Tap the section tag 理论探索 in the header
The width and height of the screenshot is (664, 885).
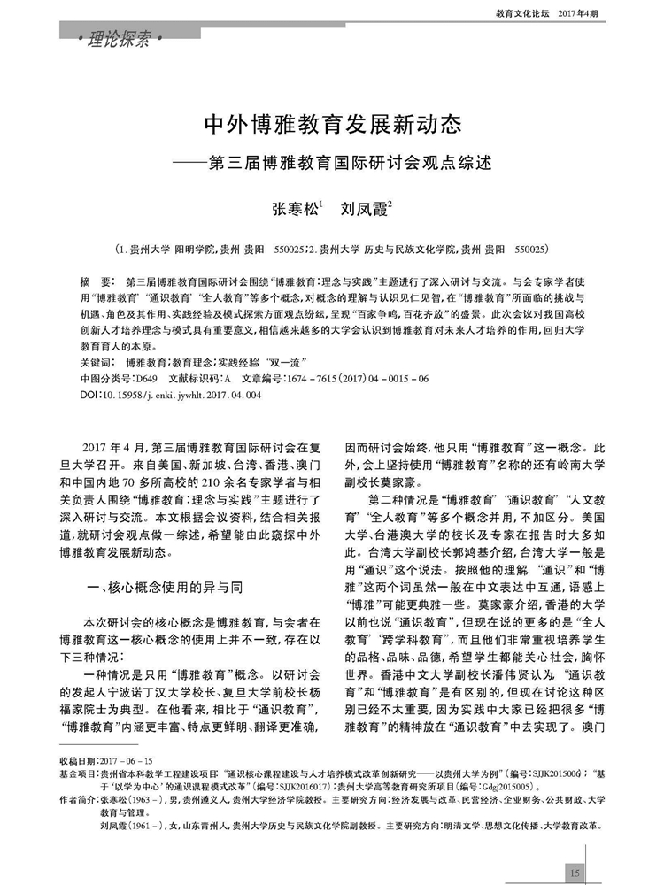120,39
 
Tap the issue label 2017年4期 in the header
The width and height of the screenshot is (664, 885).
579,14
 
